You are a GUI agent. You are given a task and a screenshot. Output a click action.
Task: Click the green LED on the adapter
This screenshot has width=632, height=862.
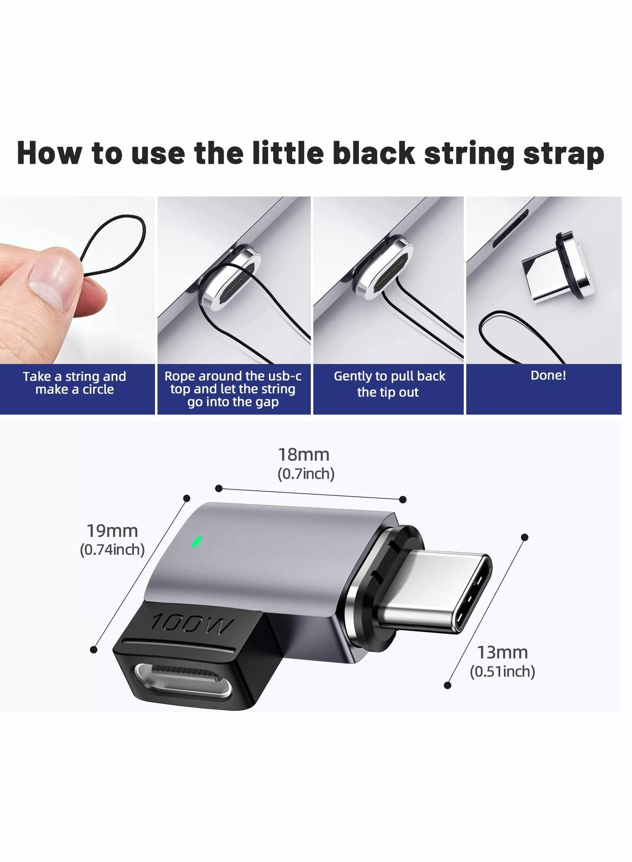point(196,541)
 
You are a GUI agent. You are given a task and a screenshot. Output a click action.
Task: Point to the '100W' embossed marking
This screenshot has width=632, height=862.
point(192,624)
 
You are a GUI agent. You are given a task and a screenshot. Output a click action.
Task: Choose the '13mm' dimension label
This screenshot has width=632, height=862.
point(502,652)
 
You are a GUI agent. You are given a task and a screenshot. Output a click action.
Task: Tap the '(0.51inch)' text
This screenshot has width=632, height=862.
point(502,671)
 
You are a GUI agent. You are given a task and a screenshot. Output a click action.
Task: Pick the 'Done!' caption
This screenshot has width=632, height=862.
point(548,375)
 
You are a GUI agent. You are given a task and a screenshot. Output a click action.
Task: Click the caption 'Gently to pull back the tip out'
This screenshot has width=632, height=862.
point(389,384)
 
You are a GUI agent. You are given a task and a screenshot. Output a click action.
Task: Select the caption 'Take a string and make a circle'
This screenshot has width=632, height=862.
point(74,383)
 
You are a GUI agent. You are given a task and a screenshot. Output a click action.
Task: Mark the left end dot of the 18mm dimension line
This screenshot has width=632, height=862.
point(219,488)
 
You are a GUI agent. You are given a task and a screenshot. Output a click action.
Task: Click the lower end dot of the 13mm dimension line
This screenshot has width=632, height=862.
point(447,685)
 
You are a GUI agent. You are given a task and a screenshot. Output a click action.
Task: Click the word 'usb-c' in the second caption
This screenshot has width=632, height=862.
point(285,376)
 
